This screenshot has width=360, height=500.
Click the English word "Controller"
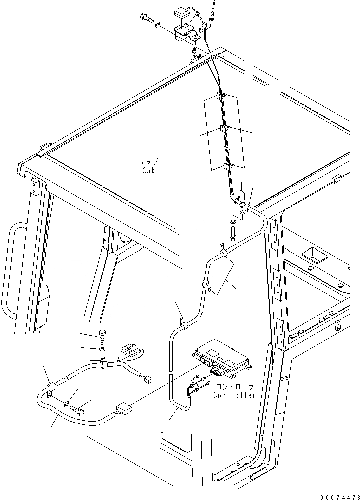pyautogui.click(x=234, y=395)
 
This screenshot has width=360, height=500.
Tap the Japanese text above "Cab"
pyautogui.click(x=148, y=162)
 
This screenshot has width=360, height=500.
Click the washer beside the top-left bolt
pyautogui.click(x=158, y=24)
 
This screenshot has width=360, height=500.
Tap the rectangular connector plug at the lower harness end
pyautogui.click(x=124, y=410)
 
